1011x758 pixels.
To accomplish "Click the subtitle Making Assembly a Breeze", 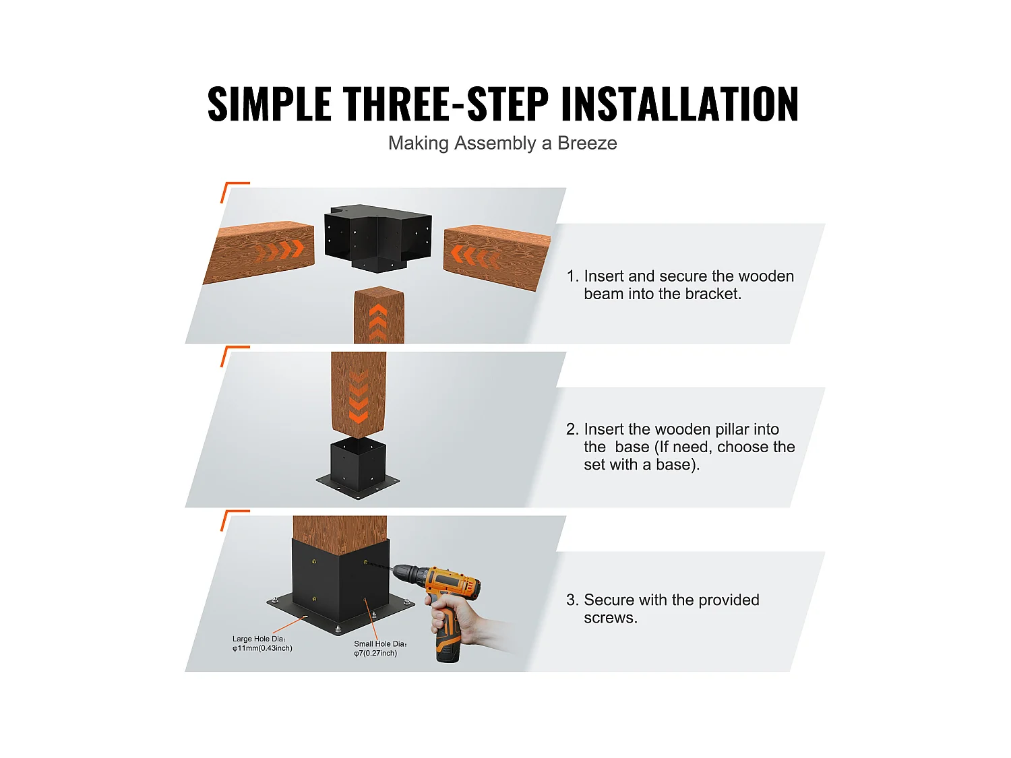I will point(502,143).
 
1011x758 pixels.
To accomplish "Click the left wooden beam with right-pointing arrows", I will point(259,253).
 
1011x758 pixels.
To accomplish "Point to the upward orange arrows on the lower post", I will point(378,322).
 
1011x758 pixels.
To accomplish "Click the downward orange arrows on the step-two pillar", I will point(359,398).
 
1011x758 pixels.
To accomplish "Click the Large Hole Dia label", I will point(262,643).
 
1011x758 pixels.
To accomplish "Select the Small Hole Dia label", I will point(380,648).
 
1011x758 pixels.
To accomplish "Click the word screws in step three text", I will point(609,618).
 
